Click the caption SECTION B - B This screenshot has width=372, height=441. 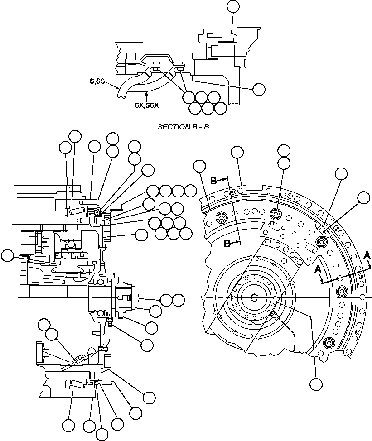pos(183,127)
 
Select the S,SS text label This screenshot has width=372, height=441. pos(97,81)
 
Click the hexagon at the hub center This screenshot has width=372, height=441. pos(254,297)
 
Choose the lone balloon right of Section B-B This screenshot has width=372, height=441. pos(259,89)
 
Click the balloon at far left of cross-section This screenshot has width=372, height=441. pos(7,256)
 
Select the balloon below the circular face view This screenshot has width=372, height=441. pos(316,384)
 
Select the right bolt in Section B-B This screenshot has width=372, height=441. pos(181,65)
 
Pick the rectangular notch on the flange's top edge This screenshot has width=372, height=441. pos(245,186)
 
